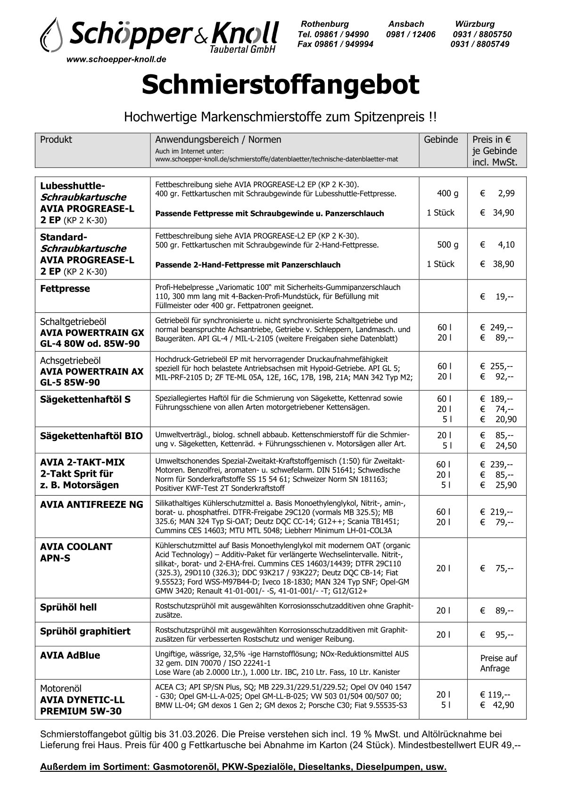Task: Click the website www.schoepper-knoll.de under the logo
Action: [x=116, y=60]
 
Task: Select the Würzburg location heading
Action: [x=475, y=24]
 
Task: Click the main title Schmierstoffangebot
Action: [x=280, y=85]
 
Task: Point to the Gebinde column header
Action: [x=441, y=139]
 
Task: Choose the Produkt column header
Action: [x=56, y=139]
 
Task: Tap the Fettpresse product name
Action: [x=65, y=288]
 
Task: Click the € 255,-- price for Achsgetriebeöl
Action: [x=497, y=366]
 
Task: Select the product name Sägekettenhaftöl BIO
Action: [x=91, y=435]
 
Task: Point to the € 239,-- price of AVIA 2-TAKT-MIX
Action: [x=497, y=465]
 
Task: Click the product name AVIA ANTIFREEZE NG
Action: [x=91, y=505]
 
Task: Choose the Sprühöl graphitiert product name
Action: [x=85, y=631]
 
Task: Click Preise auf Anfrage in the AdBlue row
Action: [x=498, y=663]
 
